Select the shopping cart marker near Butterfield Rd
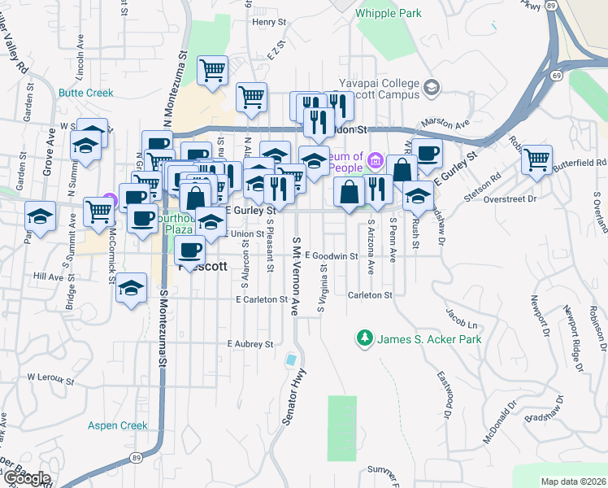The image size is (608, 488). pyautogui.click(x=536, y=159)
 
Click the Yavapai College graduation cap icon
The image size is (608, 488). pyautogui.click(x=431, y=86)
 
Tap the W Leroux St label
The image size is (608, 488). pyautogui.click(x=50, y=378)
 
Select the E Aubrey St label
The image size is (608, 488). pyautogui.click(x=250, y=345)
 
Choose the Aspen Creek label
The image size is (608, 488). pyautogui.click(x=119, y=425)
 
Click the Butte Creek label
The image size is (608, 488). pyautogui.click(x=85, y=93)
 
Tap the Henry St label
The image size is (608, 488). pyautogui.click(x=265, y=22)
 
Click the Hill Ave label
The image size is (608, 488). pyautogui.click(x=48, y=277)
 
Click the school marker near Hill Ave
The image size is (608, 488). pyautogui.click(x=131, y=288)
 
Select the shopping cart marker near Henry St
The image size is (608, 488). pyautogui.click(x=213, y=71)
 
